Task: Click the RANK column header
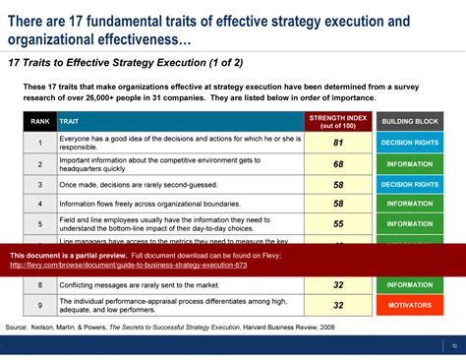[x=40, y=121]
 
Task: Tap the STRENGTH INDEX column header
[x=337, y=121]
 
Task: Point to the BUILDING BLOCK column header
[x=410, y=121]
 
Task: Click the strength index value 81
[x=337, y=143]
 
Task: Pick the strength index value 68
[x=337, y=163]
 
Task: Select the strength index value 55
[x=337, y=223]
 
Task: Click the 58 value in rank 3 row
[x=337, y=184]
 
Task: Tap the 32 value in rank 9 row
[x=337, y=305]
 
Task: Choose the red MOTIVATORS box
[x=410, y=305]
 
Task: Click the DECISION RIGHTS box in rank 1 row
[x=410, y=143]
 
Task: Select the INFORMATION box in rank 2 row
[x=410, y=163]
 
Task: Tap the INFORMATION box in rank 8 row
[x=410, y=285]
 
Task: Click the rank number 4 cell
[x=40, y=204]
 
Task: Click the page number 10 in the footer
[x=453, y=344]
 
